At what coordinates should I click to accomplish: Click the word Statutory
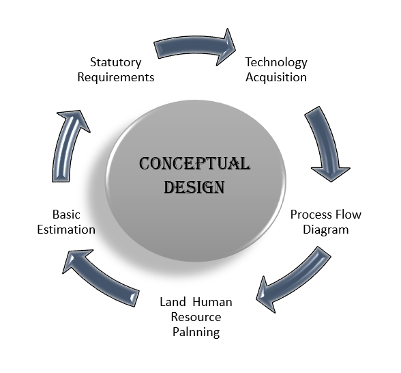click(116, 63)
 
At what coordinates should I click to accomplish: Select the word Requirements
click(116, 77)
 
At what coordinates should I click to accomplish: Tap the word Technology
click(276, 63)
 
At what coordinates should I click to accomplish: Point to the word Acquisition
click(276, 77)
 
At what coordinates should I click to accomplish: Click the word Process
click(308, 215)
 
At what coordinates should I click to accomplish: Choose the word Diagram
click(326, 230)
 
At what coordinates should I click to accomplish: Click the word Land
click(173, 302)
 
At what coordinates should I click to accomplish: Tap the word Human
click(212, 302)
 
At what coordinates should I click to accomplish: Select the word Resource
click(196, 317)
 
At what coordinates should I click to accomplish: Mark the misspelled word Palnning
click(196, 332)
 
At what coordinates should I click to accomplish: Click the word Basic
click(66, 215)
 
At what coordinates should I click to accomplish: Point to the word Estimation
click(66, 230)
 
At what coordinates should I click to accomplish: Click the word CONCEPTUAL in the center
click(194, 164)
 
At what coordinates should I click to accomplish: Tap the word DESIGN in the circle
click(194, 187)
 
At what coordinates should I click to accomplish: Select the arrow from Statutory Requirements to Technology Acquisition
click(194, 46)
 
